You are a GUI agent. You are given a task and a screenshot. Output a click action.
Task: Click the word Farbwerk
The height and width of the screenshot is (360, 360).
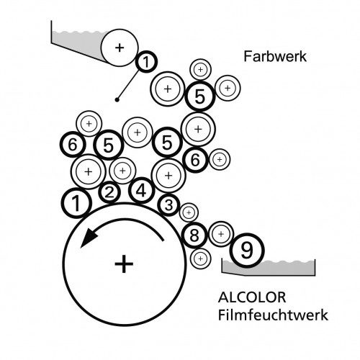coord(275,57)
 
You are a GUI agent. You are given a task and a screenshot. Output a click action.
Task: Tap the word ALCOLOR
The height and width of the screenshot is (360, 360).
coord(252,297)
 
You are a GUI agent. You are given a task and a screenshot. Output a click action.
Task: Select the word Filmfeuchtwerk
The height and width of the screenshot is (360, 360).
coord(273,315)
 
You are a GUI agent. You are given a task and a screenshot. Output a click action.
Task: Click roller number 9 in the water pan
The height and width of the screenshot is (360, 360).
coord(247,251)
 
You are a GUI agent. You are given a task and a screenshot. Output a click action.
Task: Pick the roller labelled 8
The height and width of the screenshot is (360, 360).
coord(194,235)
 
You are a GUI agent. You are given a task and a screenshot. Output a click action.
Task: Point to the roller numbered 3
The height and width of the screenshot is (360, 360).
coord(168,205)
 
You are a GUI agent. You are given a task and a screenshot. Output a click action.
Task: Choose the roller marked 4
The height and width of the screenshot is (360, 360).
coord(141,191)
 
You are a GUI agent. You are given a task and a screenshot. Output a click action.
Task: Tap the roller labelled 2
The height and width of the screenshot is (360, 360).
coord(109,192)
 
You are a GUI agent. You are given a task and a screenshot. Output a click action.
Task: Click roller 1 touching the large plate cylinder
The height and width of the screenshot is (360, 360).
coord(76,203)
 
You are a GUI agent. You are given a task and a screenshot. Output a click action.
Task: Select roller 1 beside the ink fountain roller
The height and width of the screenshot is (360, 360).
coord(146,62)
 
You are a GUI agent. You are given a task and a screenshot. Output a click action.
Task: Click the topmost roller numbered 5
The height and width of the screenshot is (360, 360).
coord(200,96)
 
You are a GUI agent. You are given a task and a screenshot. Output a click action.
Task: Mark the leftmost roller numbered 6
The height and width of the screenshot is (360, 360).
coord(73,145)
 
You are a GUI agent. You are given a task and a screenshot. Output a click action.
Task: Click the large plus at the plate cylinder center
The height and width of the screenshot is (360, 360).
coord(124,264)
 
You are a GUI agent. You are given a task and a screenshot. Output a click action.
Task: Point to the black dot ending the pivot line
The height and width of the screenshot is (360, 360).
coord(117,99)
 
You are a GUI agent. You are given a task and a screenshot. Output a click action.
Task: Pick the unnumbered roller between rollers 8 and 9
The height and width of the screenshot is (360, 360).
coord(221,234)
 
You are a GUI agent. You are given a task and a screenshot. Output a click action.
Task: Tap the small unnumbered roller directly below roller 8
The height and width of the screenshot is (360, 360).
coord(200,258)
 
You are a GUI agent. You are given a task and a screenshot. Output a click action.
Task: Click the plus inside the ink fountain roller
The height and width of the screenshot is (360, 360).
coord(120,48)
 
